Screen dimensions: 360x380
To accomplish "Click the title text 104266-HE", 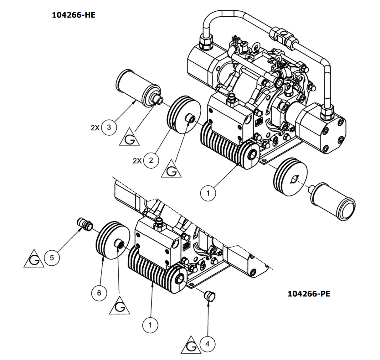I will [x=74, y=15].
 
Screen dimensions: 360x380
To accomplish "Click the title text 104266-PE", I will [x=309, y=294].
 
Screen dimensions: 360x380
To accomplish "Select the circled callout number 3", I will [x=109, y=128].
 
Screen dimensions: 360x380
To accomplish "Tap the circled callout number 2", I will [x=151, y=160].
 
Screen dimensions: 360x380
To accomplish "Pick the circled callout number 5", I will [x=52, y=258].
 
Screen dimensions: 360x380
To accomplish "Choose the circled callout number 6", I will [x=99, y=293].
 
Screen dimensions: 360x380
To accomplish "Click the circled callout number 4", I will [x=207, y=344].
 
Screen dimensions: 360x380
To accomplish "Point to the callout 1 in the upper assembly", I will [x=208, y=193].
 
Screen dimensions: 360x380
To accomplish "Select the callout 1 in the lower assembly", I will [x=150, y=325].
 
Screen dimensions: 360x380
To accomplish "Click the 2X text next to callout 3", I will [x=95, y=128].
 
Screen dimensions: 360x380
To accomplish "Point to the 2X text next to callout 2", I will [x=137, y=161].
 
